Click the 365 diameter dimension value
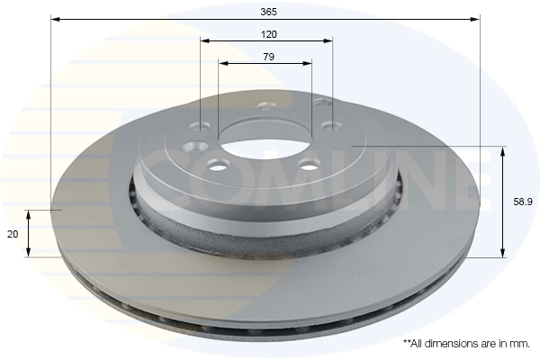tap(268, 12)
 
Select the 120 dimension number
tap(268, 34)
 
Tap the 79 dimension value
tap(268, 57)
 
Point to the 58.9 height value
tap(523, 202)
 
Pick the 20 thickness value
tap(13, 234)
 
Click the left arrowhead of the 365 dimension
tap(55, 19)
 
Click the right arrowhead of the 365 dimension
tap(475, 19)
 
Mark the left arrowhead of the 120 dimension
tap(205, 41)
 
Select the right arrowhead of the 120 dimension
tap(328, 41)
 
